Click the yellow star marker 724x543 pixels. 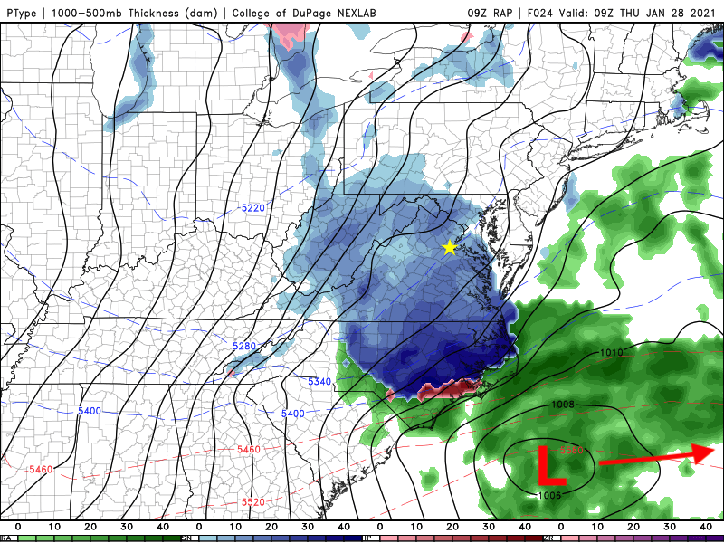(x=450, y=247)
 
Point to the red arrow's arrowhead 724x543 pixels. (x=705, y=452)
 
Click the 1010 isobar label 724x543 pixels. (x=611, y=352)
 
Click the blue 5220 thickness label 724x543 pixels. (x=253, y=208)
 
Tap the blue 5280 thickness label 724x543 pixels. (x=245, y=346)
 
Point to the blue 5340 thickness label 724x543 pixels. (x=319, y=382)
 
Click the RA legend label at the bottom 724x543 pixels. (x=7, y=538)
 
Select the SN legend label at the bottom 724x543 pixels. (x=187, y=538)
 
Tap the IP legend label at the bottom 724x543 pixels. (x=368, y=538)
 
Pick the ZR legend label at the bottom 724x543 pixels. (x=549, y=538)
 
